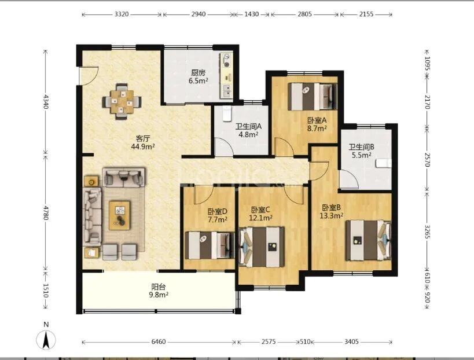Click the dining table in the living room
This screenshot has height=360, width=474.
(122, 101)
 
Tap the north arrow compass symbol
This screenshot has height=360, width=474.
(46, 339)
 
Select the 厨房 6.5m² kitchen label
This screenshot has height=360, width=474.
(199, 77)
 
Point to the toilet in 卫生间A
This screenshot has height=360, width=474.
(227, 113)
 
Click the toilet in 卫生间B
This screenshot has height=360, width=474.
(384, 164)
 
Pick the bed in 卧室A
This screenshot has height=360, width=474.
(313, 97)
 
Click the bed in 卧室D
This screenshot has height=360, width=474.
(210, 245)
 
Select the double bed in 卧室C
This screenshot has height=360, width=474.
(262, 247)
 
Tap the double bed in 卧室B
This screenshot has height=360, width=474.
(368, 240)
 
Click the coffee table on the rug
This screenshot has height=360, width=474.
(120, 215)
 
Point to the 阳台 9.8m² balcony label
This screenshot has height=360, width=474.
(159, 291)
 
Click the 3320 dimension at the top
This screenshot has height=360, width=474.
(122, 14)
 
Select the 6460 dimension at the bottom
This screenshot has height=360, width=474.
(159, 341)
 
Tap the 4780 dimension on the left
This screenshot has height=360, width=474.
(45, 213)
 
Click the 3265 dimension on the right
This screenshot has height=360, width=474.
(427, 232)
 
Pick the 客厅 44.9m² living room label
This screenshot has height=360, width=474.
(143, 143)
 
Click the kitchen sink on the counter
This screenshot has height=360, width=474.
(227, 90)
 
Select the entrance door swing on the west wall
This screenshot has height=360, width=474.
(89, 76)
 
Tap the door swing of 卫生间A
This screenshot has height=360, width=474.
(224, 147)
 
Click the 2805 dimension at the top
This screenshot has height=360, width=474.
(304, 14)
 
